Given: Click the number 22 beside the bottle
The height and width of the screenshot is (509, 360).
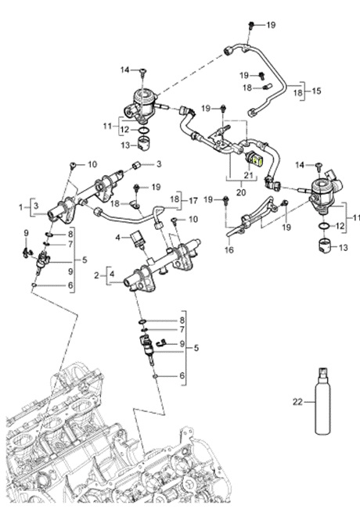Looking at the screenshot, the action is click(297, 402).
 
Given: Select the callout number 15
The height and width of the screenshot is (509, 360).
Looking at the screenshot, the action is click(316, 91).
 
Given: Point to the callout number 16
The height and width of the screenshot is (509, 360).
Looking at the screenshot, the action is click(229, 249).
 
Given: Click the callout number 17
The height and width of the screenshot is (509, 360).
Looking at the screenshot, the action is click(193, 201).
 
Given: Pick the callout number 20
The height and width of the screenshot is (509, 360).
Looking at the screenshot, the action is click(241, 192).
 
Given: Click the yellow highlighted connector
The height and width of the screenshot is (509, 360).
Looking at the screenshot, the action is click(258, 160).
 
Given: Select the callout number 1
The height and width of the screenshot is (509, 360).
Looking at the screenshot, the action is click(21, 206).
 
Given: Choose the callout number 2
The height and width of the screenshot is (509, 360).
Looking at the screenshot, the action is click(96, 275).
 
